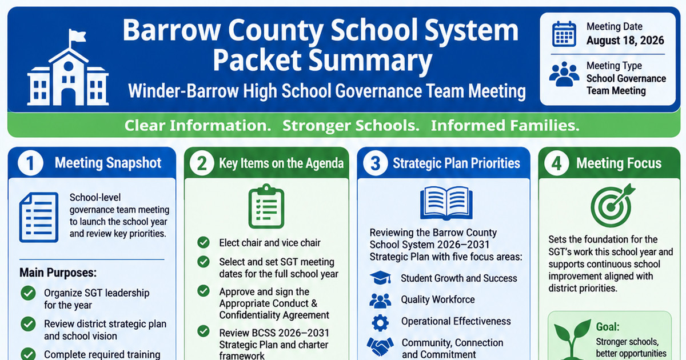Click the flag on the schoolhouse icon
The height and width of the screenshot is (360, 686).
(77, 36)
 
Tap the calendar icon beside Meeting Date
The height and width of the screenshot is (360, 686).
(564, 34)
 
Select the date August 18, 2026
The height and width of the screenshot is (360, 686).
(625, 41)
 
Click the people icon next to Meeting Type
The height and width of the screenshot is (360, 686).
(564, 74)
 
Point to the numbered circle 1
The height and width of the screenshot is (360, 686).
(30, 163)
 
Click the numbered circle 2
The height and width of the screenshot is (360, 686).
(202, 163)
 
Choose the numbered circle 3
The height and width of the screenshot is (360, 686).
(375, 163)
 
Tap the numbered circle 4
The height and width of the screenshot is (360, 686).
(556, 163)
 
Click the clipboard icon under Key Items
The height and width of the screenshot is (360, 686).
(266, 206)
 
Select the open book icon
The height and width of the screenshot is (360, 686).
(446, 203)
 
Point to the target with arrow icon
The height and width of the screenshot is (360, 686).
(612, 205)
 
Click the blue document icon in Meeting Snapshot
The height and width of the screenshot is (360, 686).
(39, 218)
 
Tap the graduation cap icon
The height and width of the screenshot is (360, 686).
(380, 278)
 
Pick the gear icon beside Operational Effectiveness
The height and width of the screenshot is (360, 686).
(380, 323)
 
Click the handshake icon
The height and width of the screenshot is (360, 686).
(380, 346)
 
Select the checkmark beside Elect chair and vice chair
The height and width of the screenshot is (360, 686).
(204, 242)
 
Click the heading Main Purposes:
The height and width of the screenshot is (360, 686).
(58, 273)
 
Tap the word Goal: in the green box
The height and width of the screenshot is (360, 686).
(608, 327)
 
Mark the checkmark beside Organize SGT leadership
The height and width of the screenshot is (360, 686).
(28, 293)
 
